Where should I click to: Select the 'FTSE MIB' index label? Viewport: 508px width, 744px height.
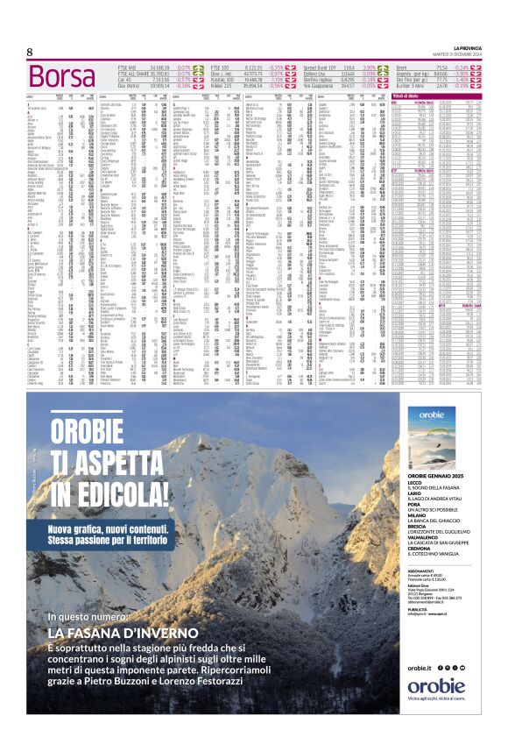[128, 67]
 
